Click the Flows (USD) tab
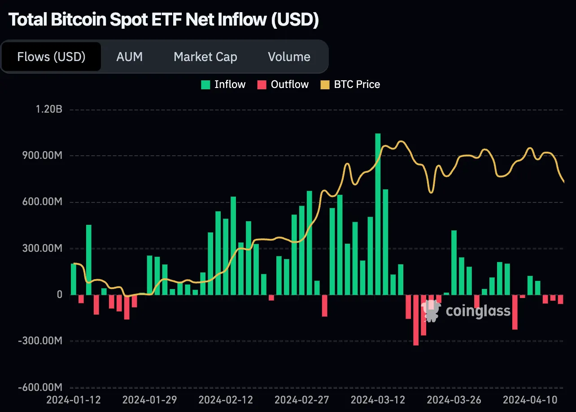coord(51,57)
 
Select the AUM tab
coord(129,57)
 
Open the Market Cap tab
coord(205,57)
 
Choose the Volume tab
coord(289,57)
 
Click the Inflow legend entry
coord(223,84)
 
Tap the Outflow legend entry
coord(283,84)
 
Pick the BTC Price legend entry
coord(350,84)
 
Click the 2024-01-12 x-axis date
coord(74,399)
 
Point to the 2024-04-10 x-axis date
coord(530,399)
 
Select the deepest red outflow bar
coord(416,320)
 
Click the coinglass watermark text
coord(478,311)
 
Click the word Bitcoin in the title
coord(73,20)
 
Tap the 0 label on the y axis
coord(59,295)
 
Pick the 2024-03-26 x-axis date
coord(454,399)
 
